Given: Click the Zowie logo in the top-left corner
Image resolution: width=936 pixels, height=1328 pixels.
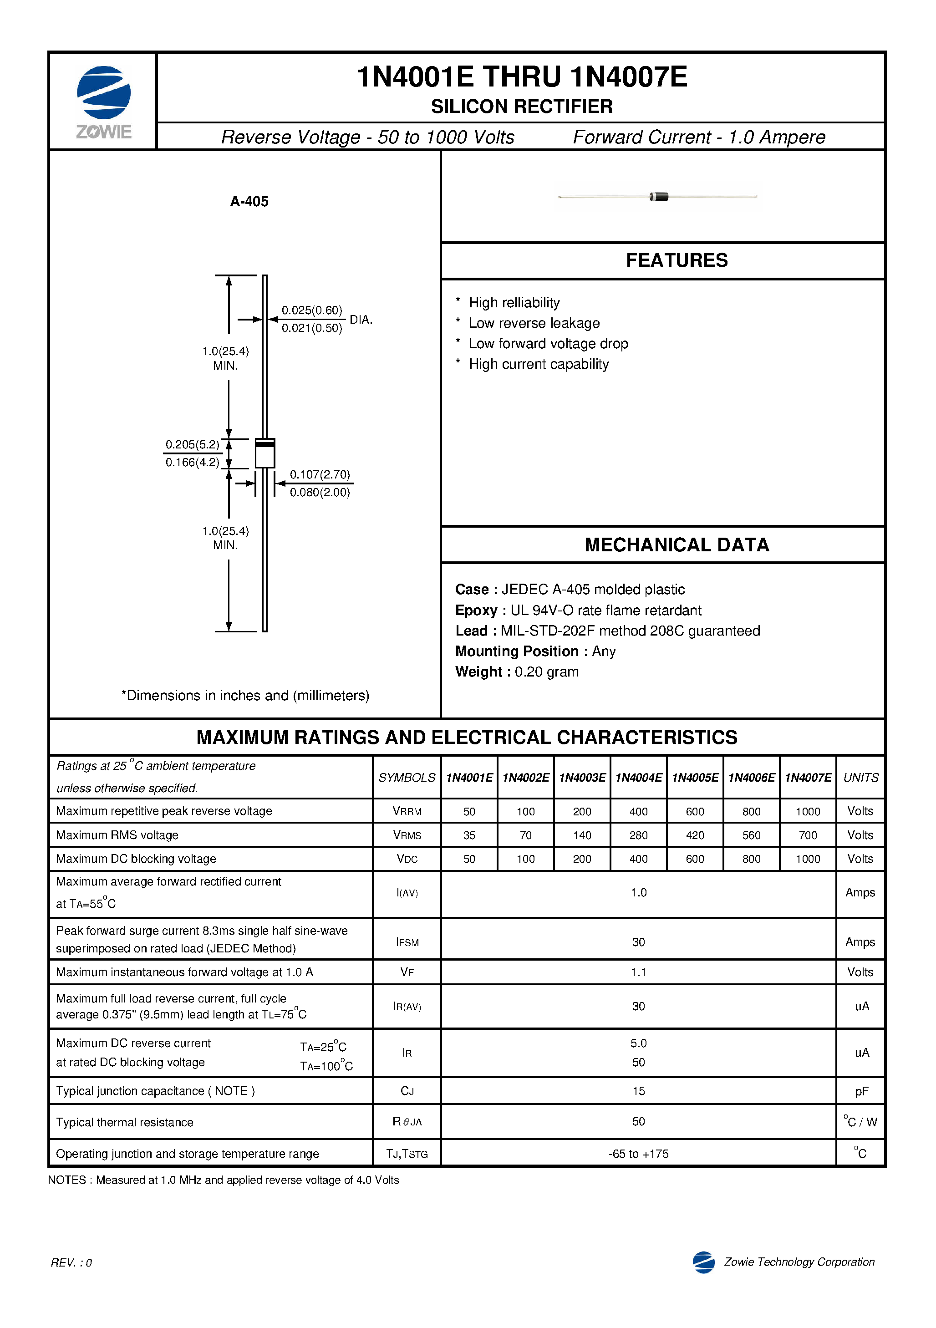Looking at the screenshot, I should [x=103, y=101].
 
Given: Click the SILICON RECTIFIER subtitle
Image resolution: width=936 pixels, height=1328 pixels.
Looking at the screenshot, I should [x=521, y=107].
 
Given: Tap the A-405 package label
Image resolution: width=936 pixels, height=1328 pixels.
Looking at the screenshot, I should [x=249, y=201].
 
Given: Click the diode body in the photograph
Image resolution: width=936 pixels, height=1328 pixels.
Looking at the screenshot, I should [x=659, y=197].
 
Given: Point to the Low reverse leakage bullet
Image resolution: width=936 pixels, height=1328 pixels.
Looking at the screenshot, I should [x=534, y=323].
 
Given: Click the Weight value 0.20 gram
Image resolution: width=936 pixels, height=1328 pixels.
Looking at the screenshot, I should [x=546, y=672].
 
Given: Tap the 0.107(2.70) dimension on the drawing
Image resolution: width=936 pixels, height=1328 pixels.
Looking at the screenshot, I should [x=320, y=474].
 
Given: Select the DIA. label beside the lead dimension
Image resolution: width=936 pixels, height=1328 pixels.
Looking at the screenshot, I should [x=361, y=319].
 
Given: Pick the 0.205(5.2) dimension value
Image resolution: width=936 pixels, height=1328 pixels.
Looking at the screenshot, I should [x=192, y=444].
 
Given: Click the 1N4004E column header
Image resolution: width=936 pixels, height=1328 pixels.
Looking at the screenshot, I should [x=638, y=778].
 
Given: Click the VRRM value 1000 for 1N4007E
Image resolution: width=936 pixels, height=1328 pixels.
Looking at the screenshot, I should [x=808, y=811].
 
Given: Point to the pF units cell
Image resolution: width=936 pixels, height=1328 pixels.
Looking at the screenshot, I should [x=861, y=1091].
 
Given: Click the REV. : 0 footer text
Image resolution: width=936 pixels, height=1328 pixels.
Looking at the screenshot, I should [x=71, y=1262].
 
